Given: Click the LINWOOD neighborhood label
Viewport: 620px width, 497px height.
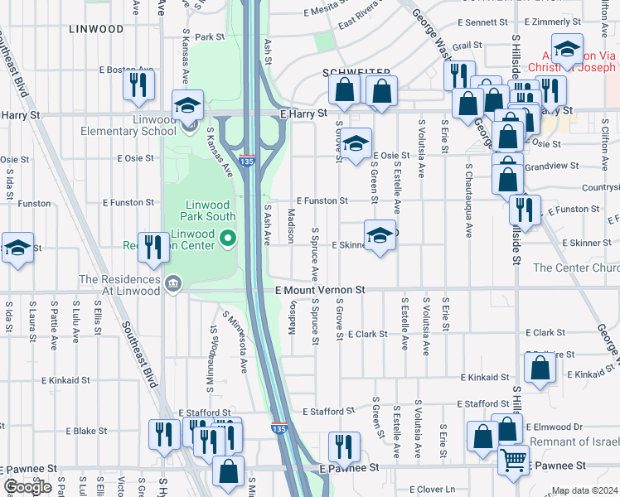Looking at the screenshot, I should coord(97,29).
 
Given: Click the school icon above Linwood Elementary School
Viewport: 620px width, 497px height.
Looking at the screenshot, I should coord(188,105).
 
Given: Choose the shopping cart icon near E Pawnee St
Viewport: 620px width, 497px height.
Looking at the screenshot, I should coord(514,458).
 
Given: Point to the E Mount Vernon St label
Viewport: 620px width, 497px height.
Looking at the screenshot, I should coord(320,291).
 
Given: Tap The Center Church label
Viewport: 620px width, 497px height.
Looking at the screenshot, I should coord(575,268).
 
